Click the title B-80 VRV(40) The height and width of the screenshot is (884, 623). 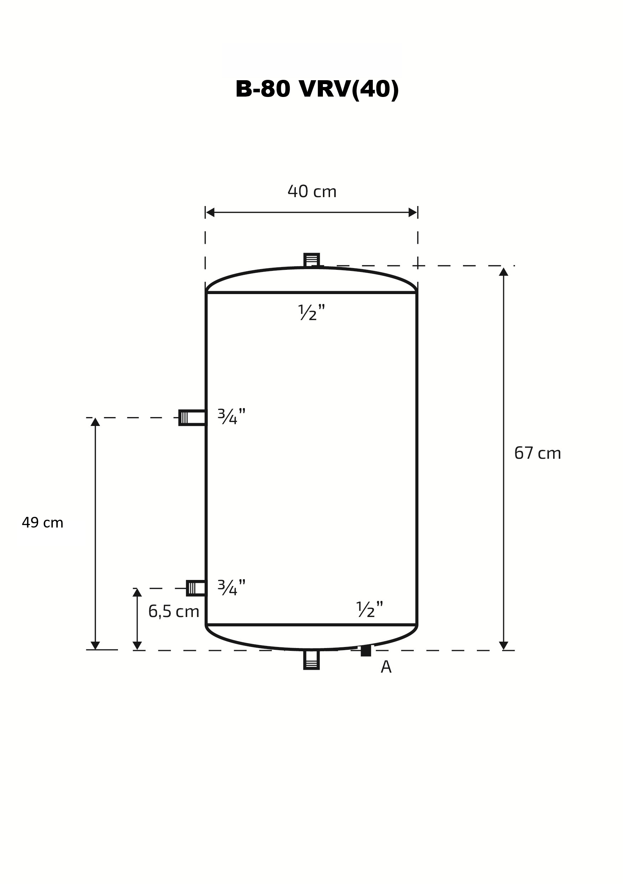(x=317, y=89)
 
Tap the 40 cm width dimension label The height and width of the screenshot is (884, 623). (x=312, y=191)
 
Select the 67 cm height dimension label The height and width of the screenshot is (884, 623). (x=537, y=453)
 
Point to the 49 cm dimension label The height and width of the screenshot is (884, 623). (x=42, y=523)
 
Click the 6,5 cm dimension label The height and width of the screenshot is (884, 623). (x=174, y=611)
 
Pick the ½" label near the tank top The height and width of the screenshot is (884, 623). (x=311, y=312)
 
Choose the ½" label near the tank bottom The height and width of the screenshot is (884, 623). (x=370, y=609)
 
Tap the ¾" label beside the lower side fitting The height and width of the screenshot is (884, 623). (x=231, y=587)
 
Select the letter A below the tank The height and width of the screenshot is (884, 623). (x=386, y=667)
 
